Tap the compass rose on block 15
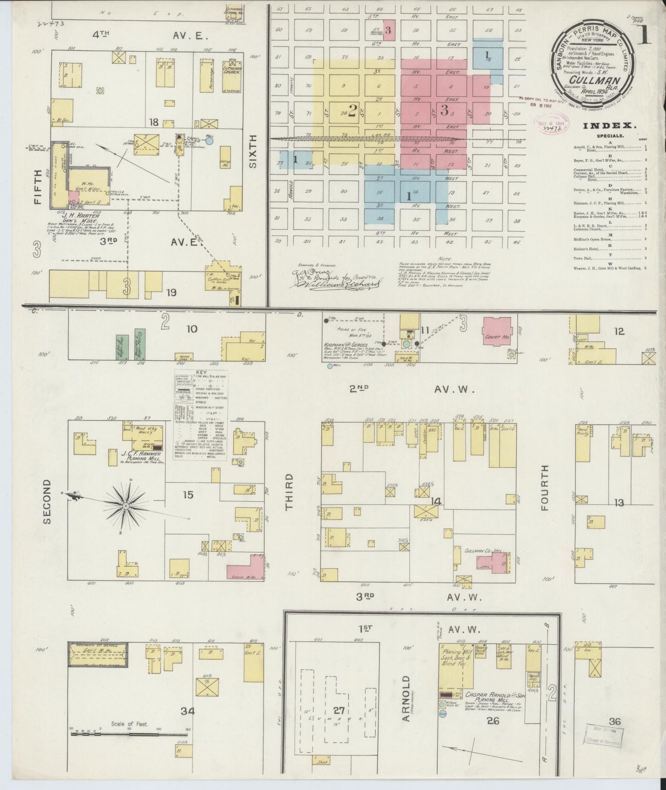coord(124,506)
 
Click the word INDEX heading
coord(610,125)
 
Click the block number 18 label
coord(153,122)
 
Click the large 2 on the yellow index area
coord(353,111)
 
